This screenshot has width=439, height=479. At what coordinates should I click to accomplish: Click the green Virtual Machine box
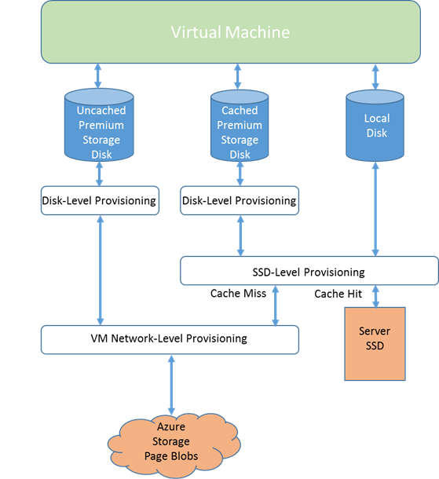pyautogui.click(x=231, y=32)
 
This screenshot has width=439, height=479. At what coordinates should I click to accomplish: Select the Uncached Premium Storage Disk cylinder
pyautogui.click(x=99, y=125)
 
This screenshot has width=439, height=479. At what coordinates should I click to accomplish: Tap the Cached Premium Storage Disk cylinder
pyautogui.click(x=240, y=126)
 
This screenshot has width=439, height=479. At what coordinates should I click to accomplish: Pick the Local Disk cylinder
pyautogui.click(x=375, y=126)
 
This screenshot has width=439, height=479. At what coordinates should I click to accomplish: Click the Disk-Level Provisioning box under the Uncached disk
pyautogui.click(x=100, y=200)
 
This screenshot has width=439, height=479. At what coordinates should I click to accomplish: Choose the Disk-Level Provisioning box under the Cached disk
pyautogui.click(x=240, y=200)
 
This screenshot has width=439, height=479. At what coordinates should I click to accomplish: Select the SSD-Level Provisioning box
pyautogui.click(x=309, y=271)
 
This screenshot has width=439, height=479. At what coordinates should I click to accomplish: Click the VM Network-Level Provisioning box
pyautogui.click(x=170, y=339)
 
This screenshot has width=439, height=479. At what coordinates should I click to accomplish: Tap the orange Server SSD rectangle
pyautogui.click(x=375, y=344)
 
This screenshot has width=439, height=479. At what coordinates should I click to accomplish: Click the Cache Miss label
pyautogui.click(x=238, y=293)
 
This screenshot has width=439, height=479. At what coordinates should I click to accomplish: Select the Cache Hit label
pyautogui.click(x=338, y=294)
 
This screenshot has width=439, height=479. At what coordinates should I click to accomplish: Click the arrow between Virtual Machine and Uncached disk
pyautogui.click(x=97, y=75)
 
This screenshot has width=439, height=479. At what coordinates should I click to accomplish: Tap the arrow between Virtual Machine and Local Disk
pyautogui.click(x=375, y=77)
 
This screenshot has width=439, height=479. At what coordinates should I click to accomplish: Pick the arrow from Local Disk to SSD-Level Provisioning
pyautogui.click(x=375, y=209)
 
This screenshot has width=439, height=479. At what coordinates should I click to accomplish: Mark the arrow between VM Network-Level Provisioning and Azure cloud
pyautogui.click(x=171, y=385)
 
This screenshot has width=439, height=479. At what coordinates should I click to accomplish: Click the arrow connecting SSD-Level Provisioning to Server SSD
pyautogui.click(x=375, y=296)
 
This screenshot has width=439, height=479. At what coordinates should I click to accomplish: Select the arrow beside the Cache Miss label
pyautogui.click(x=275, y=305)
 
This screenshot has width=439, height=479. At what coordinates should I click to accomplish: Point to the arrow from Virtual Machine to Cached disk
pyautogui.click(x=238, y=77)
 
